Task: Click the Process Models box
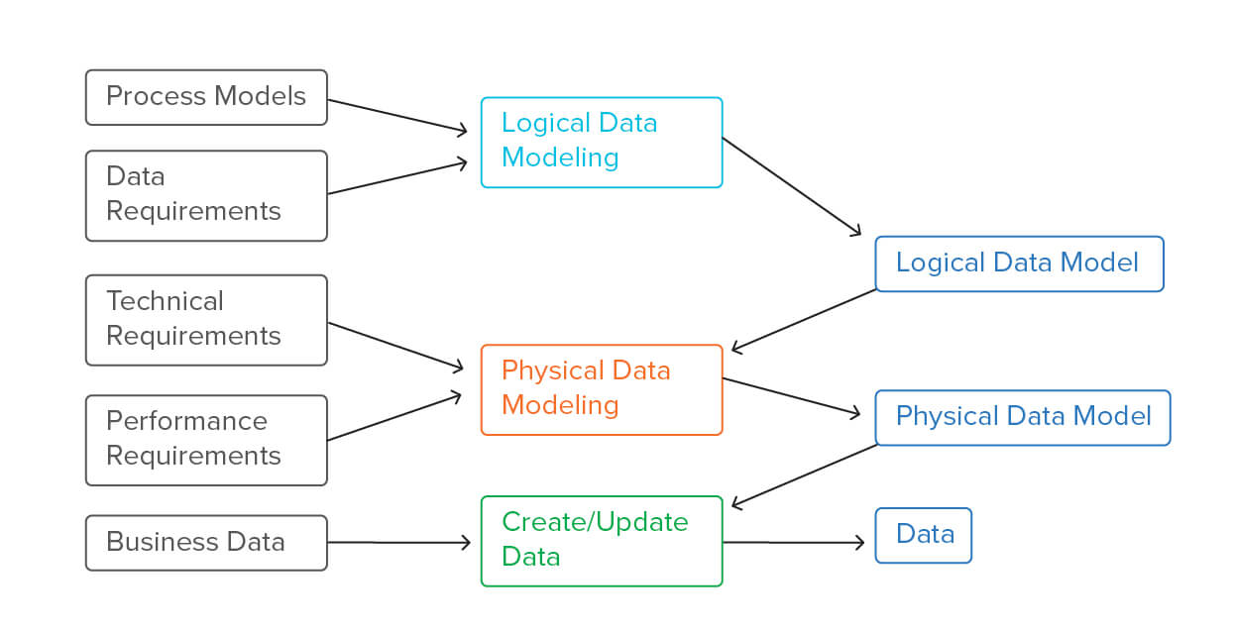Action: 206,97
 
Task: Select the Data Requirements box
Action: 206,195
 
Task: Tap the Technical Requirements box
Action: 206,320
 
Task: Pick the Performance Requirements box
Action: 206,440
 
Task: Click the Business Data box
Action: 206,543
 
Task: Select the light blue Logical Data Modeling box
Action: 602,142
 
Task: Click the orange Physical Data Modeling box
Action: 602,389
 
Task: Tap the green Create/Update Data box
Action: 602,541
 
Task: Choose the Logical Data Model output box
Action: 1019,264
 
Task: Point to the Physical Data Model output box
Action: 1022,417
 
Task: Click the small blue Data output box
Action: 923,536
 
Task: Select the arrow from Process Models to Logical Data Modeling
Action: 396,115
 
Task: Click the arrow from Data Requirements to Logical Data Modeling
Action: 396,176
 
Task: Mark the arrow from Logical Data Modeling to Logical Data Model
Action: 791,186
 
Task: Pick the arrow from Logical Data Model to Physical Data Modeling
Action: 804,320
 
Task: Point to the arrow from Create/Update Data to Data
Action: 793,543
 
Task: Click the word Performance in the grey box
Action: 186,421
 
